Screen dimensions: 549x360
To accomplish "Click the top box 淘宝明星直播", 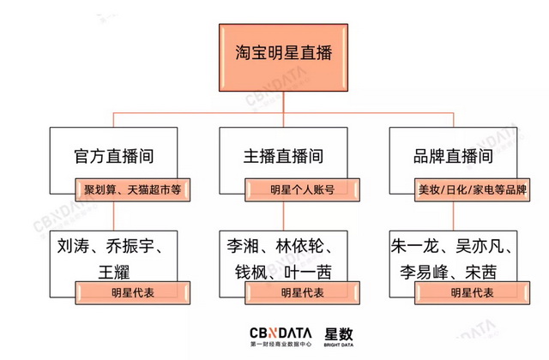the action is click(283, 57).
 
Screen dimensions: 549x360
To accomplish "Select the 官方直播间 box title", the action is click(114, 156).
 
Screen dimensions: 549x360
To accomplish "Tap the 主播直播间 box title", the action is click(283, 156).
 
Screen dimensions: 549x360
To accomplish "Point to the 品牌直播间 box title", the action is click(453, 156).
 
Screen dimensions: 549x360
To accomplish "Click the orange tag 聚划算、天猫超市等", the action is click(133, 190).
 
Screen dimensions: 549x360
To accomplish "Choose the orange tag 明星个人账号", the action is click(302, 190).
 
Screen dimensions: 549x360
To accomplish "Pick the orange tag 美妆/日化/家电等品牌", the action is click(472, 190).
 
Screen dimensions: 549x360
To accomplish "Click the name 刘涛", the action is click(73, 246).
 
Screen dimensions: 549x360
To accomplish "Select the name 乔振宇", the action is click(130, 246).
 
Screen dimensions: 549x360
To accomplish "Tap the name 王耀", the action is click(114, 273).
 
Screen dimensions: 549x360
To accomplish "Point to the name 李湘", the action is click(243, 246).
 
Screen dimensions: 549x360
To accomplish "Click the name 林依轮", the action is click(299, 246).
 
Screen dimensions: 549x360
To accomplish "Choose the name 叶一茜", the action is click(308, 273).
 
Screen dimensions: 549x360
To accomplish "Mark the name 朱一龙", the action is click(415, 246).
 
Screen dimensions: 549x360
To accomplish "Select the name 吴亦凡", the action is click(480, 246).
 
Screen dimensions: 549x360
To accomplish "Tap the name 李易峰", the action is click(424, 273).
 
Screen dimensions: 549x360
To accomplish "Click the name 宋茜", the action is click(480, 273).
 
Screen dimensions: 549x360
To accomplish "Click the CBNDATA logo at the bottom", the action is click(281, 337).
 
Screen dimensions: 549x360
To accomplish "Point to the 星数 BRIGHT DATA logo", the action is click(339, 337).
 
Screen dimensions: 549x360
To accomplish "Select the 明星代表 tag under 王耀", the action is click(133, 293).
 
